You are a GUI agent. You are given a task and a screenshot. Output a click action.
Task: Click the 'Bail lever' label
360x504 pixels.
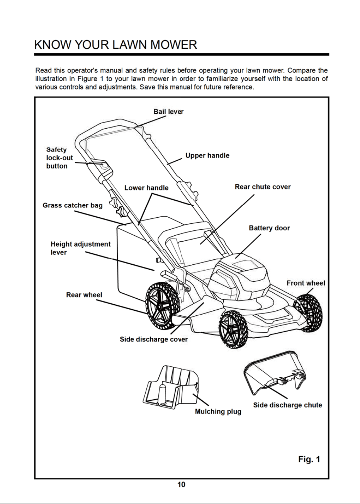coord(168,112)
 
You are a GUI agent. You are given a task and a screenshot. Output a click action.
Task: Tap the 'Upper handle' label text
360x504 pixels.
coord(207,156)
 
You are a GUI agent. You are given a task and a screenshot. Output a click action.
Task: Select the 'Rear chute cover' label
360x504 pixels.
coord(263,187)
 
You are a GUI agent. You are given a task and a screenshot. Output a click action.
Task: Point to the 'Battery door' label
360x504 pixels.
coord(269,228)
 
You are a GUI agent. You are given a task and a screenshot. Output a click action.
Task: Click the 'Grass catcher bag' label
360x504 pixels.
coord(72,205)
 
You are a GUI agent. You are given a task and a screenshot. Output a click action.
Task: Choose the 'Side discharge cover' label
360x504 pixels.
coord(154,339)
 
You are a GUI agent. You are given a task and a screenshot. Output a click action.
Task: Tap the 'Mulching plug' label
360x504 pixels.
coord(218,412)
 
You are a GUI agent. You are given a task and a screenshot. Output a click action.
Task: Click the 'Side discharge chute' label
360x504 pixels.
coord(288,405)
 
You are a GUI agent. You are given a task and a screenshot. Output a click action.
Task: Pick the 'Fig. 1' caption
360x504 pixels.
coord(309,459)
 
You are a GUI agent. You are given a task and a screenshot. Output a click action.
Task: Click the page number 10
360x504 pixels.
coord(181,484)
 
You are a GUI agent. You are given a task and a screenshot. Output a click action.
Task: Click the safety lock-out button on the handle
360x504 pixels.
coord(103,165)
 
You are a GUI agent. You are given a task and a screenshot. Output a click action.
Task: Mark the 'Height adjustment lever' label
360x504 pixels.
coord(80,248)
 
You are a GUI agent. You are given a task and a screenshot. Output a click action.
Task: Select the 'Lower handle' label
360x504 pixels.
coord(146,188)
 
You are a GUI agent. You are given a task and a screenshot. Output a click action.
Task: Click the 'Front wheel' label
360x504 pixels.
coord(306,283)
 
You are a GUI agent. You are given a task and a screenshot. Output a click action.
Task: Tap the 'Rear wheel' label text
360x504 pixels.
coord(84,295)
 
